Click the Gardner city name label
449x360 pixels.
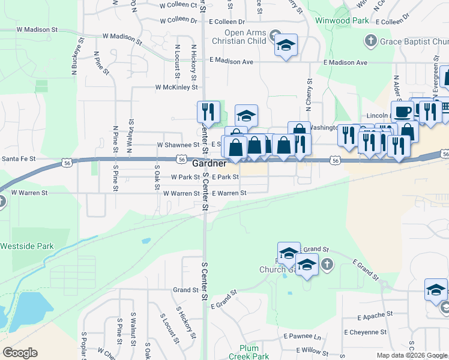209,163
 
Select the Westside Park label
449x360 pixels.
26,246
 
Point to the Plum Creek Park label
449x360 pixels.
248,352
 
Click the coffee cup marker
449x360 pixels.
402,112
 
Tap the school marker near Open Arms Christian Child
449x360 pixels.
286,46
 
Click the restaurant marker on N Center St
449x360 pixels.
208,112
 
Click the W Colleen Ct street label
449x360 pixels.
178,5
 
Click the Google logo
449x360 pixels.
20,353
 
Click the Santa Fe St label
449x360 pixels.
19,159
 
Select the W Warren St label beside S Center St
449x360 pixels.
176,194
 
